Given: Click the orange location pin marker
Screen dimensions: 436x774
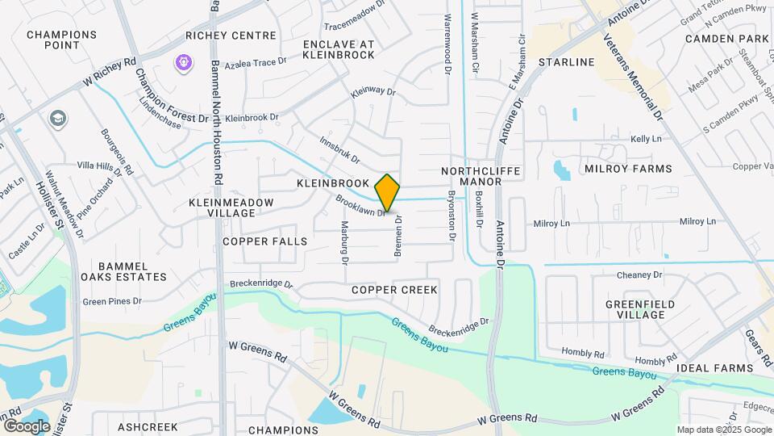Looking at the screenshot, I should pyautogui.click(x=387, y=193).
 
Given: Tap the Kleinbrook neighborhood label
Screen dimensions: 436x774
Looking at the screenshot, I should pyautogui.click(x=332, y=183).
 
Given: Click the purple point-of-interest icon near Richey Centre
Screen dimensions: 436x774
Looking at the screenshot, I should pyautogui.click(x=184, y=61).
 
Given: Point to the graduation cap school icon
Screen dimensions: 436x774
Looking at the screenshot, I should pyautogui.click(x=57, y=119).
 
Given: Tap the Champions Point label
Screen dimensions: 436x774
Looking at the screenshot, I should pyautogui.click(x=61, y=41).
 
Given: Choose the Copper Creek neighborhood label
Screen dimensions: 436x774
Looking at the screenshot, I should pyautogui.click(x=394, y=289).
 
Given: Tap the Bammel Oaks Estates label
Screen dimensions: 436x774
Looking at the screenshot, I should pyautogui.click(x=132, y=271).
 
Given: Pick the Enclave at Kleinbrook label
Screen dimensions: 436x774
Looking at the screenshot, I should pyautogui.click(x=339, y=48).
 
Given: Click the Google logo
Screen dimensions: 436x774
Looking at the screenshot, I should pyautogui.click(x=26, y=426).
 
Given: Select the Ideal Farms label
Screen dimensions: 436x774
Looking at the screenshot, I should pyautogui.click(x=714, y=368).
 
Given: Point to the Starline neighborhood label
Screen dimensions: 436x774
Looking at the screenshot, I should pyautogui.click(x=566, y=62).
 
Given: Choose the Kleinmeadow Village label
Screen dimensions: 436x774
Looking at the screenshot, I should pyautogui.click(x=222, y=208).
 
